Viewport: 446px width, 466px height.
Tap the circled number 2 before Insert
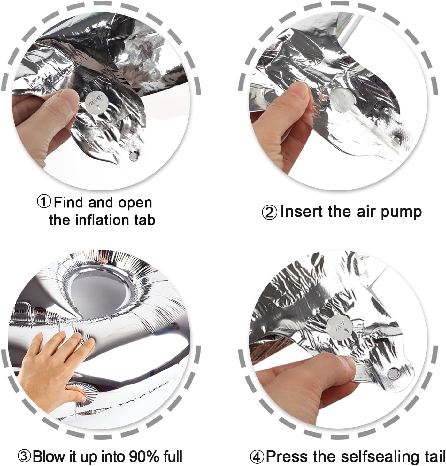pos(270,212)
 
